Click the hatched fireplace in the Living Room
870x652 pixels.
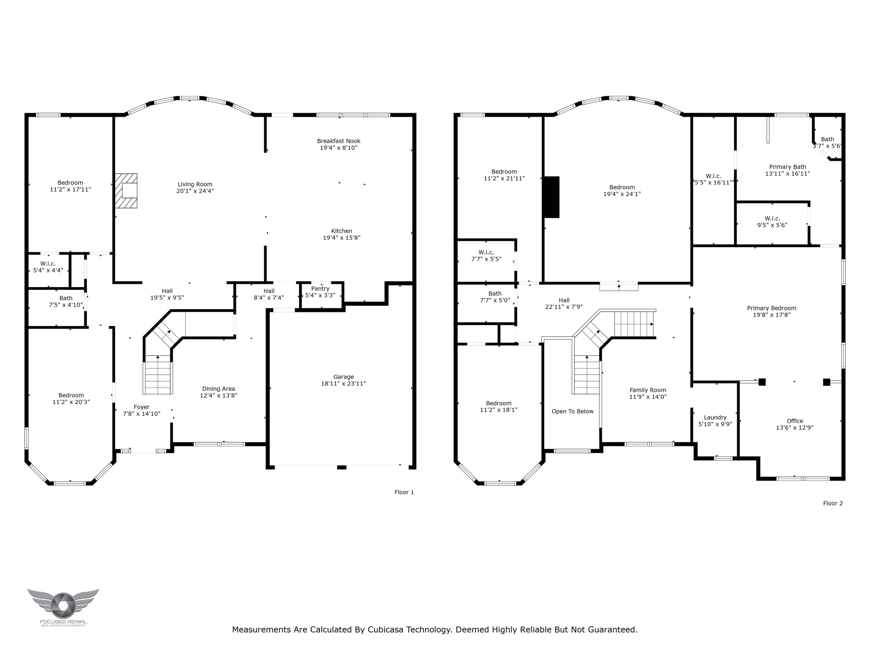point(126,191)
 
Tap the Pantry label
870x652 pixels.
point(320,288)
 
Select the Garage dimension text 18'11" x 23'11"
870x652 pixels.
point(343,384)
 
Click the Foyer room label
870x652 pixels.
point(141,407)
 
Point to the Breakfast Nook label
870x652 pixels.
point(339,141)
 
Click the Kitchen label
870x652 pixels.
point(342,231)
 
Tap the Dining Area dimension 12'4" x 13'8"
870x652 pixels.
point(219,395)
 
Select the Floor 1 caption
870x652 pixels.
point(404,492)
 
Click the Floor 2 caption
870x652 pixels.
point(833,503)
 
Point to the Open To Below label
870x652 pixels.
point(572,411)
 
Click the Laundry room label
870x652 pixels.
point(715,417)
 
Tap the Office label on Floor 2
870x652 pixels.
point(795,421)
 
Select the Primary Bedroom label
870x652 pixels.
point(772,308)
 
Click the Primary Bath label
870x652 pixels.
point(788,167)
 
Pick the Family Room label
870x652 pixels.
point(648,390)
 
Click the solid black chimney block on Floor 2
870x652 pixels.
point(551,197)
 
